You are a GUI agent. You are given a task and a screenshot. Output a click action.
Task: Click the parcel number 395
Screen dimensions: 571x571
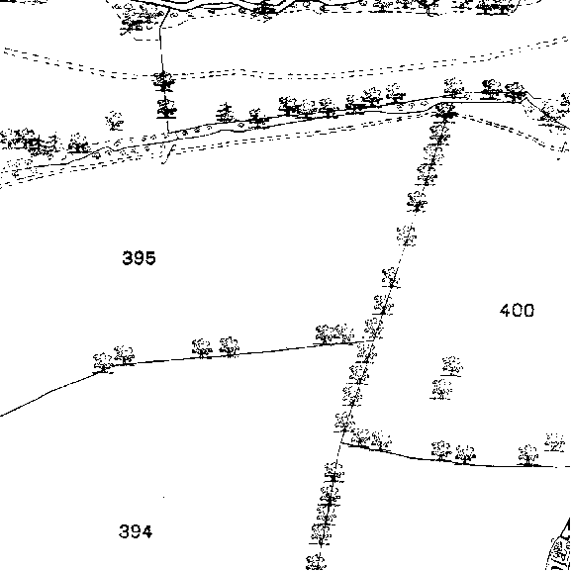click(140, 258)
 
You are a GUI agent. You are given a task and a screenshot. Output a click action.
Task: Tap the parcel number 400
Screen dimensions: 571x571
click(518, 311)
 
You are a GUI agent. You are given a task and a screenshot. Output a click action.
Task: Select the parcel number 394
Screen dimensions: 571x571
click(136, 531)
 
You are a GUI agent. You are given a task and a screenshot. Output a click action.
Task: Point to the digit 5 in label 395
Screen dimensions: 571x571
click(150, 258)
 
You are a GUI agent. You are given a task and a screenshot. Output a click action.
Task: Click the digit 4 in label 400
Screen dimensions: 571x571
click(505, 311)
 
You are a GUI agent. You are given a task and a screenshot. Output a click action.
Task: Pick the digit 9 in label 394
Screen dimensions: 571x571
click(136, 531)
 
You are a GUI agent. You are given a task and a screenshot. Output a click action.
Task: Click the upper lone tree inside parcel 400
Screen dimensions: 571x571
click(452, 366)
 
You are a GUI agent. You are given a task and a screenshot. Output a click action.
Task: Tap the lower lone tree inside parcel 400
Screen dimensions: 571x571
click(441, 389)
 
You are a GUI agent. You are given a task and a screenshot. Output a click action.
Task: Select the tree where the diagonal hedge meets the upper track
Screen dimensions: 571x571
click(444, 112)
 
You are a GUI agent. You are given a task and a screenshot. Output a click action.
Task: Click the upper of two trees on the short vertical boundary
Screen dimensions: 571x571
click(164, 81)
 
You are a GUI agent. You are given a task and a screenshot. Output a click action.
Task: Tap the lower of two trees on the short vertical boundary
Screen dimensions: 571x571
click(166, 108)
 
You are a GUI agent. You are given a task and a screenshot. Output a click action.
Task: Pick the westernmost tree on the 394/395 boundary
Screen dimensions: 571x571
click(103, 363)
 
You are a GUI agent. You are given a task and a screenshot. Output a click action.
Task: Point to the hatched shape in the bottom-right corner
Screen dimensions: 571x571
click(560, 546)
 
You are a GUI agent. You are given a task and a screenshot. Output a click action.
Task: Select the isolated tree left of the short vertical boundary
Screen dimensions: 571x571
click(115, 121)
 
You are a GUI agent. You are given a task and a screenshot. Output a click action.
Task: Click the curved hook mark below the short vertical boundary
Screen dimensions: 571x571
click(168, 153)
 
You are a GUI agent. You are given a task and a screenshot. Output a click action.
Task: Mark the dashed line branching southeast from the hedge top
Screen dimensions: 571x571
click(510, 133)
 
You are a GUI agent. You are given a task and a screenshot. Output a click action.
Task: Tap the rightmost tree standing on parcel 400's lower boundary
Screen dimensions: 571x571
click(528, 455)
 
